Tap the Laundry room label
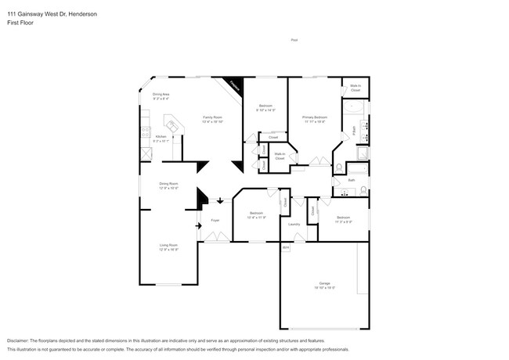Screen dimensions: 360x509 coord(294,224)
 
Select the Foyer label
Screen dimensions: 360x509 coord(215,220)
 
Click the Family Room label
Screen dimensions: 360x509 coord(212,117)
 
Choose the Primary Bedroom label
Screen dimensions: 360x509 coord(315,117)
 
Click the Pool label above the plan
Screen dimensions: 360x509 coord(294,40)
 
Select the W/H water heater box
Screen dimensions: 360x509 coord(286,248)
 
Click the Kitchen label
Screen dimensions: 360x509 coord(160,136)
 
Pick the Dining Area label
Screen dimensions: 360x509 coord(161,94)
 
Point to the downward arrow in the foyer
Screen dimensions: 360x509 coord(220,201)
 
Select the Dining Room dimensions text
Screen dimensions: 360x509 coord(169,189)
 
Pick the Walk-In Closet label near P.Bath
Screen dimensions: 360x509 coord(356,88)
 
